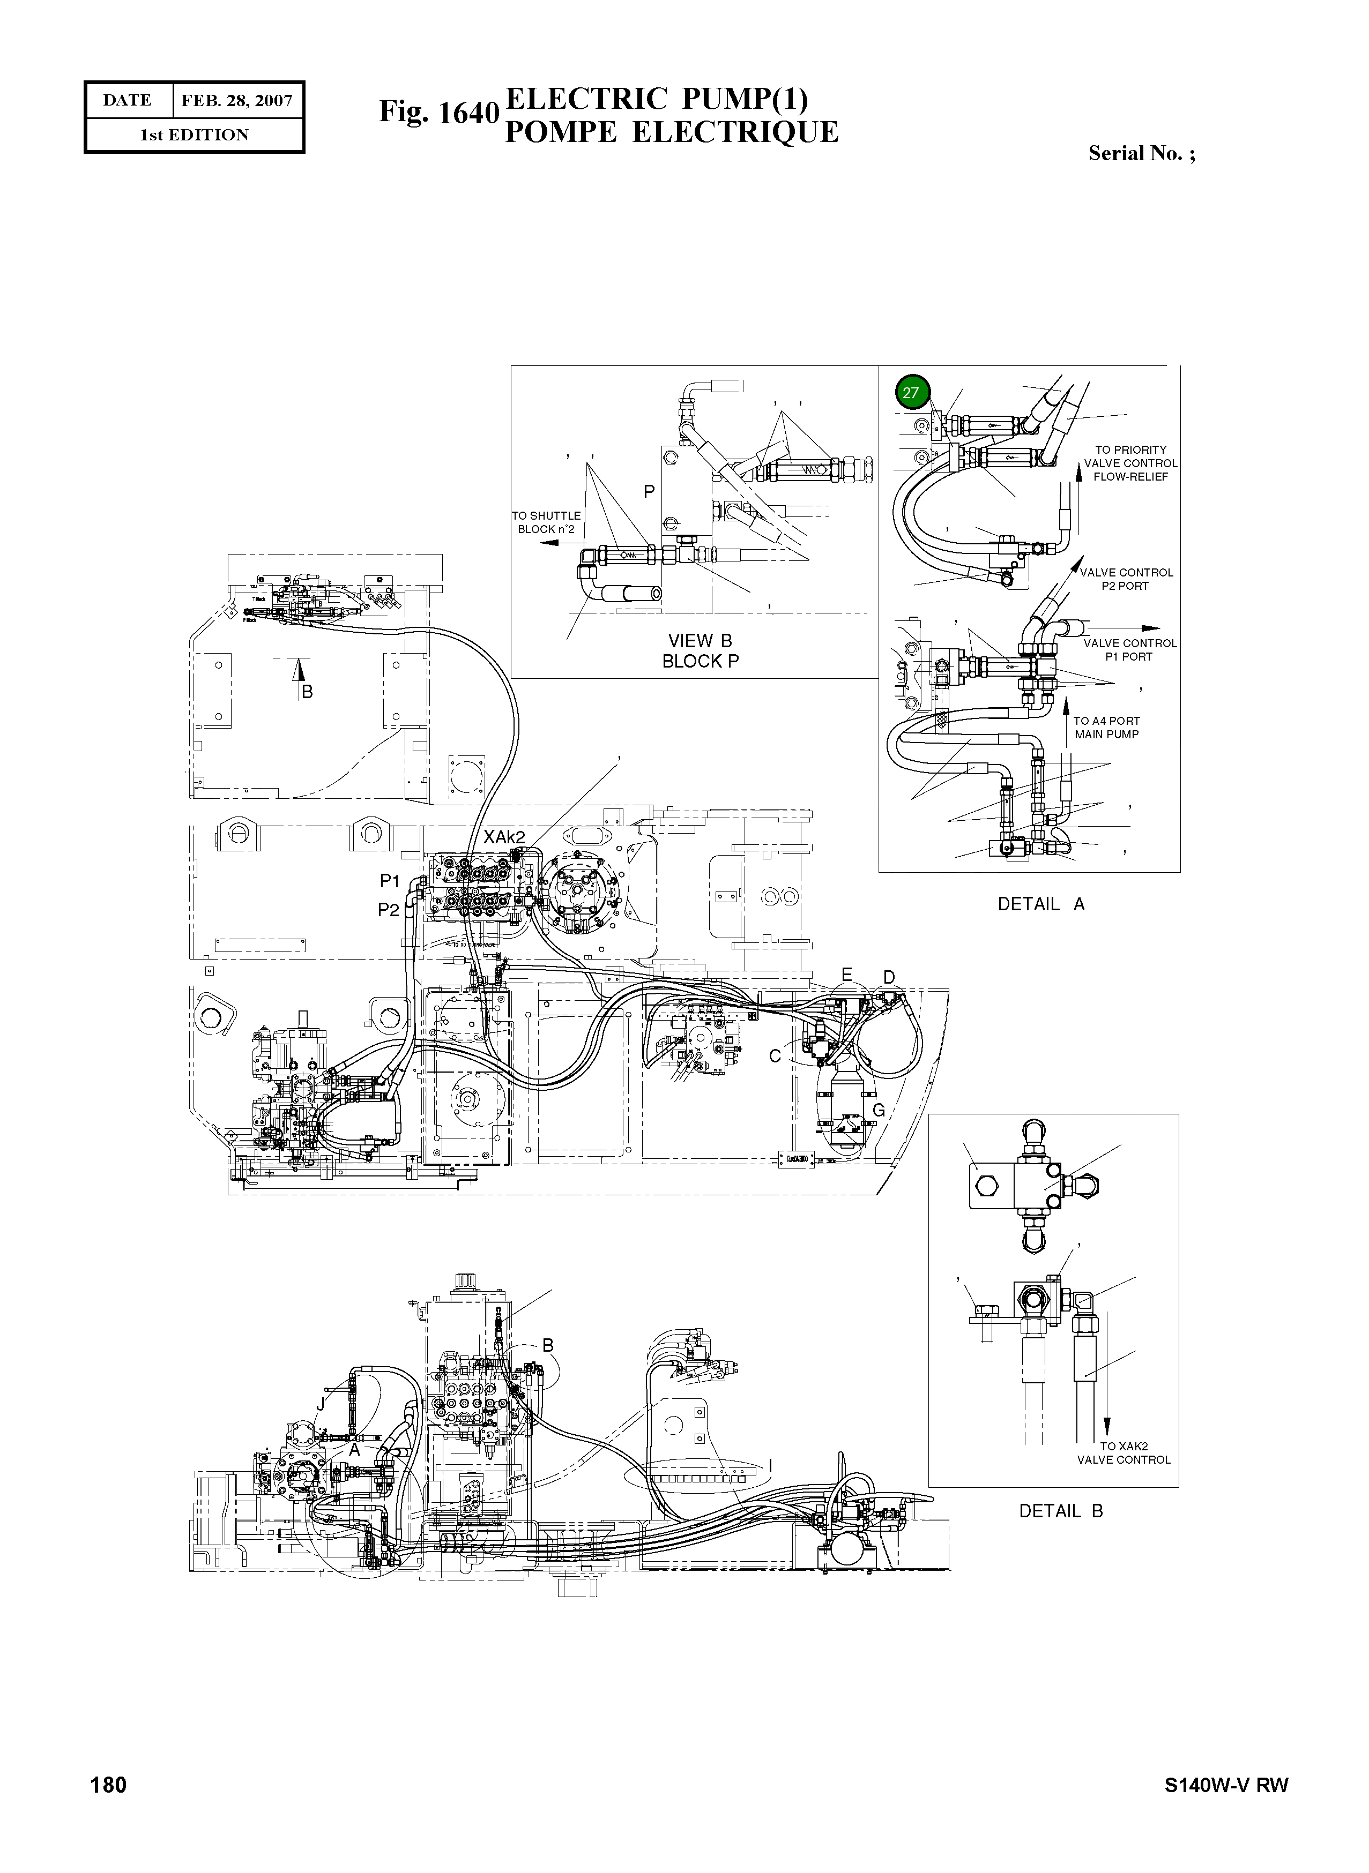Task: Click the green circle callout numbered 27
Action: point(912,393)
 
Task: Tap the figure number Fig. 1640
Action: point(438,113)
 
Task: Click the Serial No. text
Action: point(1141,153)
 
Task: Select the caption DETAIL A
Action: point(1041,904)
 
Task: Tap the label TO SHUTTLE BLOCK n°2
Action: point(546,522)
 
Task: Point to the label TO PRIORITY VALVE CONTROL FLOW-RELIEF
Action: point(1130,463)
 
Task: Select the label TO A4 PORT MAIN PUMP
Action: point(1106,728)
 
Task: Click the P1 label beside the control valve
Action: point(390,881)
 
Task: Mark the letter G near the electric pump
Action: point(879,1111)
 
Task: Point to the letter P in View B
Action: point(650,492)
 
